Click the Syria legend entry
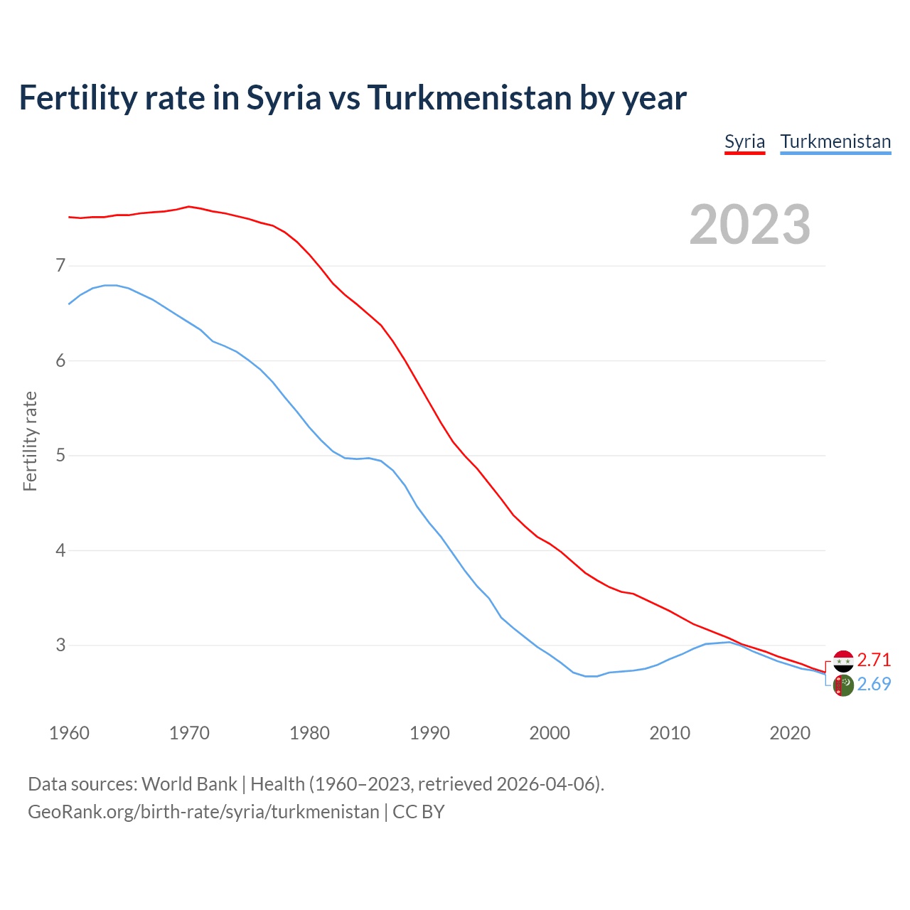[x=744, y=141]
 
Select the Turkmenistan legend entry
[x=835, y=141]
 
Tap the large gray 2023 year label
[x=749, y=225]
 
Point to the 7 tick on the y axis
[x=60, y=266]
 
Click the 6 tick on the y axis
[x=60, y=360]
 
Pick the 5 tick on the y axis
[x=60, y=455]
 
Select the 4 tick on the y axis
[x=60, y=550]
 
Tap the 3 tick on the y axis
[x=60, y=645]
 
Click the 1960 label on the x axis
[x=69, y=733]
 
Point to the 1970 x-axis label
[x=189, y=733]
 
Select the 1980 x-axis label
[x=309, y=733]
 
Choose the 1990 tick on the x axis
[x=429, y=733]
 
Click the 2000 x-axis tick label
[x=550, y=733]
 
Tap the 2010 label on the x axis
[x=670, y=733]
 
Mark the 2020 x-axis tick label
[x=790, y=733]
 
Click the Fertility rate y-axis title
[x=30, y=441]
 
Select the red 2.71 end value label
[x=874, y=660]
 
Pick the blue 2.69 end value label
[x=874, y=684]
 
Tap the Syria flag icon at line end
[x=843, y=661]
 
